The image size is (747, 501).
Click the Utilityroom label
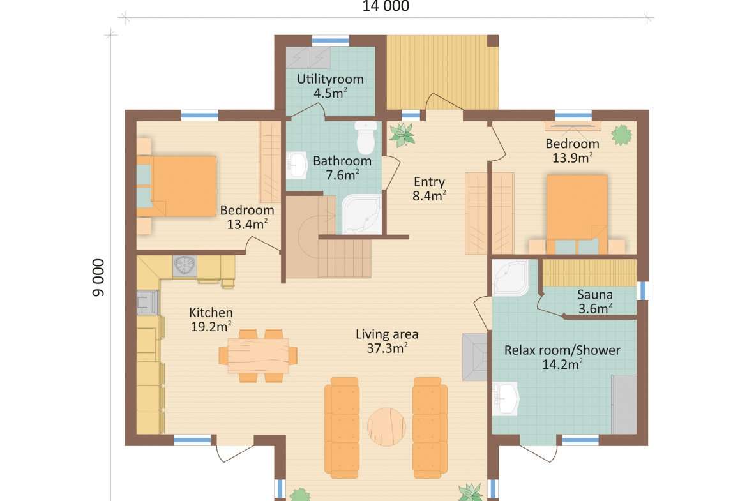click(330, 79)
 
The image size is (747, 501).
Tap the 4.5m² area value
click(330, 93)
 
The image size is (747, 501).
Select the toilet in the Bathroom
click(366, 138)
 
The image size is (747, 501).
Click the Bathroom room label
click(342, 161)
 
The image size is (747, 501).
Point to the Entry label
click(429, 182)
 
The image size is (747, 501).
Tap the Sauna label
click(594, 294)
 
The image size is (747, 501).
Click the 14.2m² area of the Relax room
click(562, 364)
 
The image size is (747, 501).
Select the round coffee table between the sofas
click(386, 427)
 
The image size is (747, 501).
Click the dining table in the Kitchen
click(258, 355)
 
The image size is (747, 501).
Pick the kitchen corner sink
click(185, 265)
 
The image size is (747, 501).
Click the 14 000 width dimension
click(386, 6)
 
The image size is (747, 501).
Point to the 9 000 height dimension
click(98, 278)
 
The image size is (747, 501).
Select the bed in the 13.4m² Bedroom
click(177, 186)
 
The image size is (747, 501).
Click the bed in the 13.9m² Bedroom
click(577, 214)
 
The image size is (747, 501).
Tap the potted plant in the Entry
click(402, 134)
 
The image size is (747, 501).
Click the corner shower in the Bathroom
click(361, 214)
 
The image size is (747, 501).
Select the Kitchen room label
click(211, 313)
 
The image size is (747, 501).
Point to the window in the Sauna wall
click(643, 290)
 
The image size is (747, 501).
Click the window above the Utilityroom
click(330, 41)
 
